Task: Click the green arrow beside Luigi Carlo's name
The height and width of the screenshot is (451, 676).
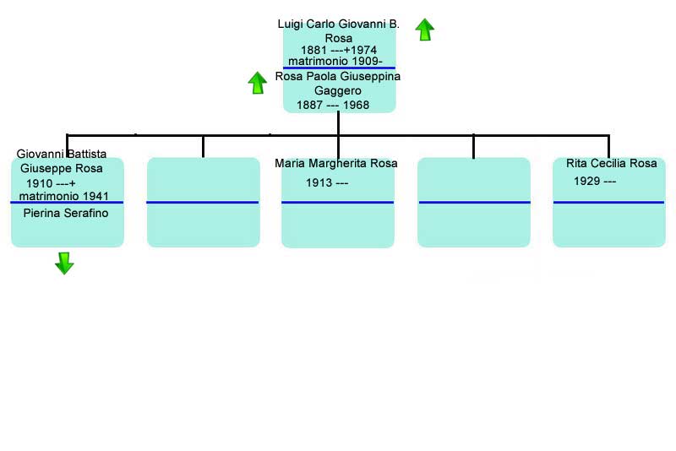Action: (425, 30)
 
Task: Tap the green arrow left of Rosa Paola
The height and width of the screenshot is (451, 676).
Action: (258, 83)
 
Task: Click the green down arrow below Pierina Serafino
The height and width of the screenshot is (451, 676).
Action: (65, 264)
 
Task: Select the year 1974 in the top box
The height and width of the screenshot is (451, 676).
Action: (363, 50)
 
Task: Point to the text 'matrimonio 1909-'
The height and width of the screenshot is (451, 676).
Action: (335, 61)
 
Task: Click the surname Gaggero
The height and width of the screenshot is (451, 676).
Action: (337, 90)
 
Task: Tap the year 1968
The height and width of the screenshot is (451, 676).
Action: (356, 105)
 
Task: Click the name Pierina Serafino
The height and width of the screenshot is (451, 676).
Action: (66, 213)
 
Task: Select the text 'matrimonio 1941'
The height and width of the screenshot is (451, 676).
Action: (64, 196)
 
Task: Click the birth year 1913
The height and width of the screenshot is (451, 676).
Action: (319, 182)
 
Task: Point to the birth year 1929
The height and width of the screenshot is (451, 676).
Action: (587, 181)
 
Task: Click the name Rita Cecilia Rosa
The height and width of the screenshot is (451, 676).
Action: (611, 163)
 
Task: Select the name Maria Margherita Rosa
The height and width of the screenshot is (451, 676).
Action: (335, 163)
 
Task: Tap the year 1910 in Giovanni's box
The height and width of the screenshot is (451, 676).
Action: (40, 183)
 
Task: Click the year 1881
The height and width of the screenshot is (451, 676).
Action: (313, 50)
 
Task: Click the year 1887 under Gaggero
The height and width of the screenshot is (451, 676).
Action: (309, 105)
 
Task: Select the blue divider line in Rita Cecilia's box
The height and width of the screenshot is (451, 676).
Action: (608, 202)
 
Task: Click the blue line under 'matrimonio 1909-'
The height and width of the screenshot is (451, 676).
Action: (340, 68)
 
